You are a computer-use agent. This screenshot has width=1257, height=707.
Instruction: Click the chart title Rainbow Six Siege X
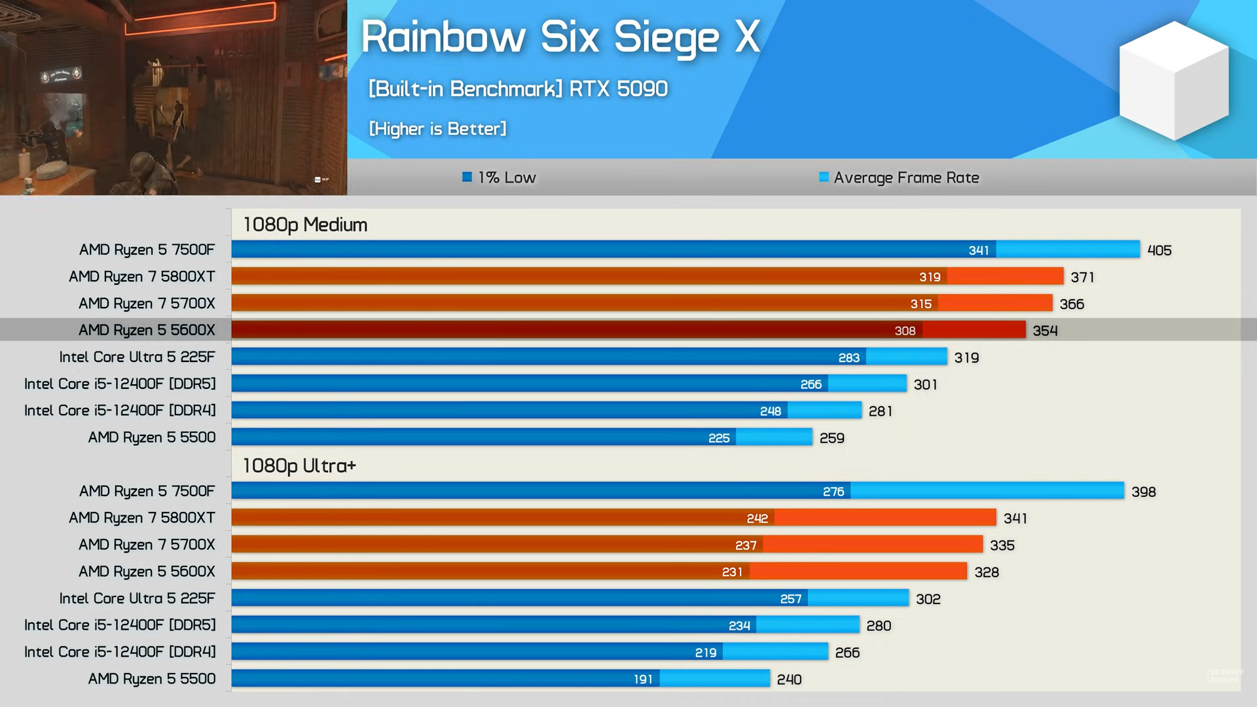560,37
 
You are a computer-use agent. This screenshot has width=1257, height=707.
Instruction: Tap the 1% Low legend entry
500,177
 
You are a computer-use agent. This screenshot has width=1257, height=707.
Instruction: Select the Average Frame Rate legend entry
899,177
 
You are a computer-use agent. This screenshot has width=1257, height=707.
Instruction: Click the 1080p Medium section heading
305,225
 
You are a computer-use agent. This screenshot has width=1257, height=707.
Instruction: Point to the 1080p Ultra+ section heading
299,465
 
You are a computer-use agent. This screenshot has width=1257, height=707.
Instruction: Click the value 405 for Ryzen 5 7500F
1159,250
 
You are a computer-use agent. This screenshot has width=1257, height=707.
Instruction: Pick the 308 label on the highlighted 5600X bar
905,331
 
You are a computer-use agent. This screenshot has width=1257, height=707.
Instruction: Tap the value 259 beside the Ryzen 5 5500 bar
831,438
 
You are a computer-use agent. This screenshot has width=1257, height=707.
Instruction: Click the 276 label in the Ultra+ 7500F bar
833,492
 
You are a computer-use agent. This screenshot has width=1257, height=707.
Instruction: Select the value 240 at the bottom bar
789,680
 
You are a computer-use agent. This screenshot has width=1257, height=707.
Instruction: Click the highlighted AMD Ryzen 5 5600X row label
147,330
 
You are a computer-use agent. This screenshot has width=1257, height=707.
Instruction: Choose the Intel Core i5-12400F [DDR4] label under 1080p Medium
120,410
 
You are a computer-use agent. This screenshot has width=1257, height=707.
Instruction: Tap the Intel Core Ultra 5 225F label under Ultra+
137,598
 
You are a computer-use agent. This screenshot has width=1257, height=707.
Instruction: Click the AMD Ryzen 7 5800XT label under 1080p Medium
141,276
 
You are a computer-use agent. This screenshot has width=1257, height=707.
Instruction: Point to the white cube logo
1174,80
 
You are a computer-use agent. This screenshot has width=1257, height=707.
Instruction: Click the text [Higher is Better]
437,129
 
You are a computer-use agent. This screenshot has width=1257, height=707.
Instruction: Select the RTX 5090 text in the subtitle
618,88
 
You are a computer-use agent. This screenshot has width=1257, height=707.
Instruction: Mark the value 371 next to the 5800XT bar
1082,277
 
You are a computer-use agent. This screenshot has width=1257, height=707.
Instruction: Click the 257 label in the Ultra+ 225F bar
790,599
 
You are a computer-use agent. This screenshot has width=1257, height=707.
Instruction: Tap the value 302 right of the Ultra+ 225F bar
928,599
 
